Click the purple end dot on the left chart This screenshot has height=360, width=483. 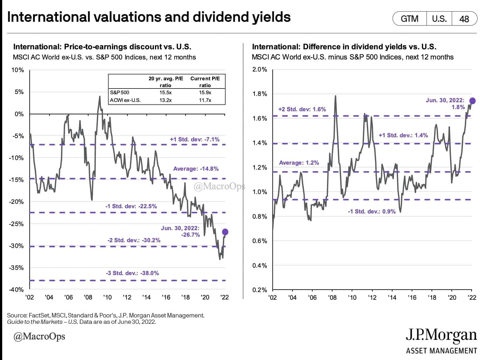click(225, 232)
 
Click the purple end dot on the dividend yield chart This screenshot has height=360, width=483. click(472, 101)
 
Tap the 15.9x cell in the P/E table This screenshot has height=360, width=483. click(205, 93)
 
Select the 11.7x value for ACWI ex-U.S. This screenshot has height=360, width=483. click(205, 100)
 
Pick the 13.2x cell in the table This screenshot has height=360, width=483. click(165, 100)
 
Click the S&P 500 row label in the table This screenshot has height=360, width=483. click(120, 93)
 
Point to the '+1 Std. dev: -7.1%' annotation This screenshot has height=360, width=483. click(195, 139)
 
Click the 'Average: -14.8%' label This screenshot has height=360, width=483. click(196, 169)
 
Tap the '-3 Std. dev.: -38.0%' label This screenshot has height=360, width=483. click(132, 273)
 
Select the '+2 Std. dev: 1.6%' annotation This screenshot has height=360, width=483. click(302, 109)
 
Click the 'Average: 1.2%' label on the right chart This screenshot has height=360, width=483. click(299, 163)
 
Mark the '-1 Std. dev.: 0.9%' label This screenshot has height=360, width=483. click(372, 212)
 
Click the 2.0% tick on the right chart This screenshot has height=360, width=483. click(260, 69)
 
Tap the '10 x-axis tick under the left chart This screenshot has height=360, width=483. click(107, 297)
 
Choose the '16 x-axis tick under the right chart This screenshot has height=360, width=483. click(412, 298)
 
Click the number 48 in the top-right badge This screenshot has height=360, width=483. click(464, 19)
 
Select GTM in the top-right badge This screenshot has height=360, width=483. click(410, 19)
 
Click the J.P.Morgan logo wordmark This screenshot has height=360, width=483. click(441, 335)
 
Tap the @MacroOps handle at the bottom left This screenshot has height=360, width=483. click(39, 336)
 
